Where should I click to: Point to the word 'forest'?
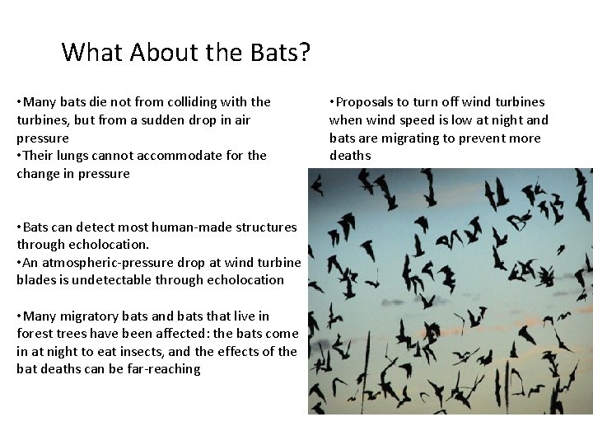coord(37,334)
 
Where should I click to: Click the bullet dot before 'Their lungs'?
coord(20,156)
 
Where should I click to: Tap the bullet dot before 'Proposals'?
coord(332,102)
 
